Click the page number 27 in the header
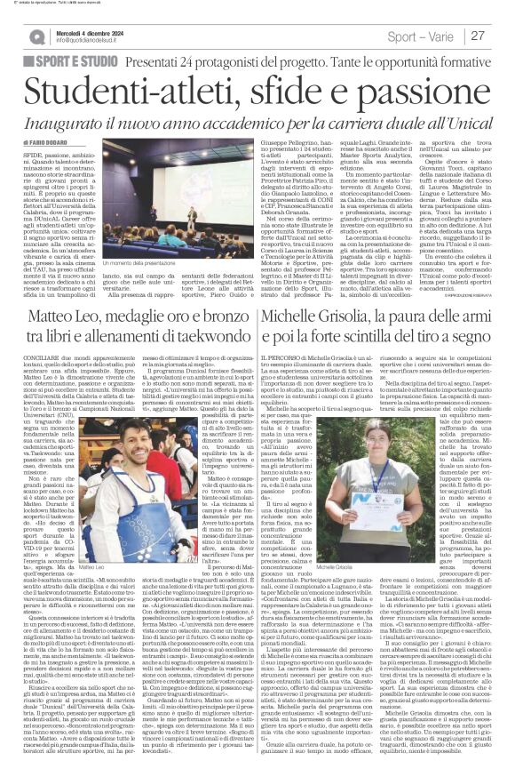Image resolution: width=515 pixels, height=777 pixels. click(x=478, y=35)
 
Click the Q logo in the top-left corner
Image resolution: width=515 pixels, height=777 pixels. click(x=37, y=36)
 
